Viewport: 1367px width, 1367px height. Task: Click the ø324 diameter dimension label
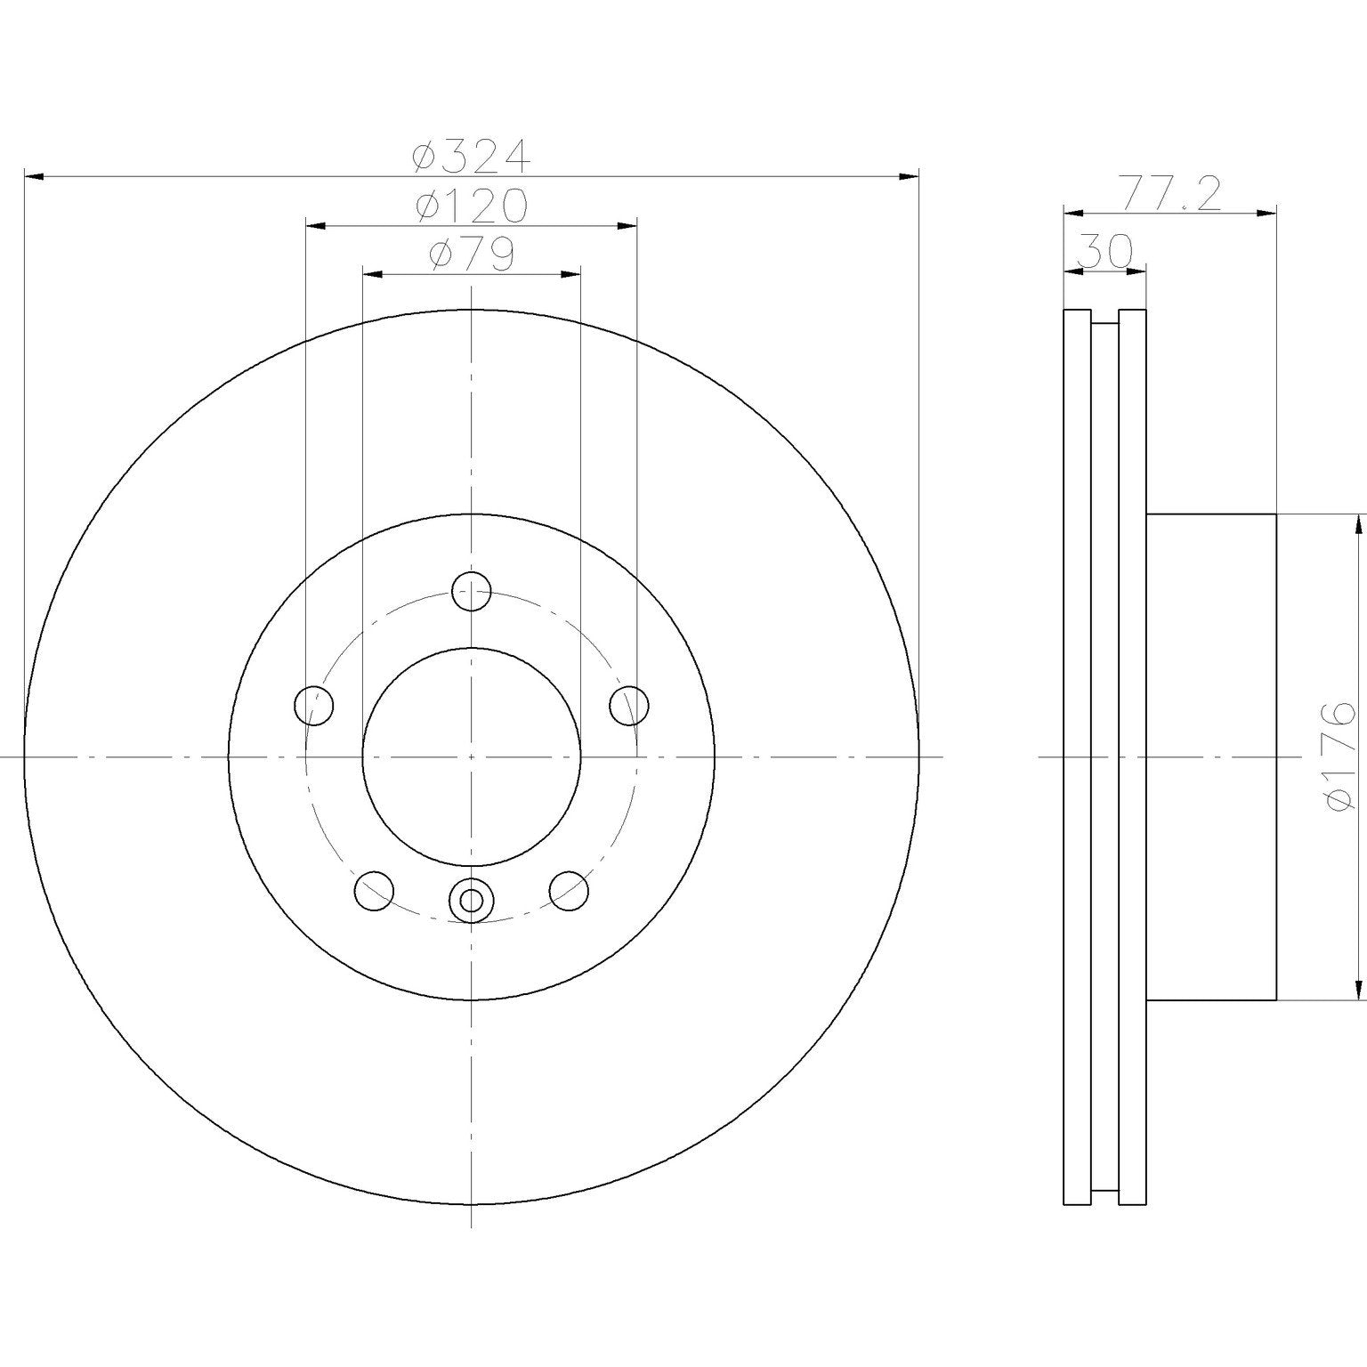coord(471,158)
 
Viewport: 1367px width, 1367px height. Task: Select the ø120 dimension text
coord(471,206)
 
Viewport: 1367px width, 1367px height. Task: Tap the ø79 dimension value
coord(471,255)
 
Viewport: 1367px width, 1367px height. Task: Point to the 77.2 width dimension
coord(1169,195)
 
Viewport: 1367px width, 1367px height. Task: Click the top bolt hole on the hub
coord(471,591)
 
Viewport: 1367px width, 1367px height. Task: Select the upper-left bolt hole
coord(313,706)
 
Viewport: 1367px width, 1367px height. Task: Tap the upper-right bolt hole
coord(629,706)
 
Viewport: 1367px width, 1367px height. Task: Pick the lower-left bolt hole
coord(374,890)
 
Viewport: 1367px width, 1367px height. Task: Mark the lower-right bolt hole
coord(569,890)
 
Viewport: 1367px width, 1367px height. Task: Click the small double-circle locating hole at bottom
coord(471,901)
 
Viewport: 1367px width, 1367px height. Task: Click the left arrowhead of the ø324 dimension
coord(34,177)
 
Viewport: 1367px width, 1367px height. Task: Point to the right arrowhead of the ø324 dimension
coord(909,177)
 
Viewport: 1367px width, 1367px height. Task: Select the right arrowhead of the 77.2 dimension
coord(1267,213)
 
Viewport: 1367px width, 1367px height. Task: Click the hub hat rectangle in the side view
coord(1210,756)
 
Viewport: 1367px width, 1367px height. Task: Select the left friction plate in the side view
coord(1077,756)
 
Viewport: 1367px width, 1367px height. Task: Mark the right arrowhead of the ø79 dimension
coord(570,274)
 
